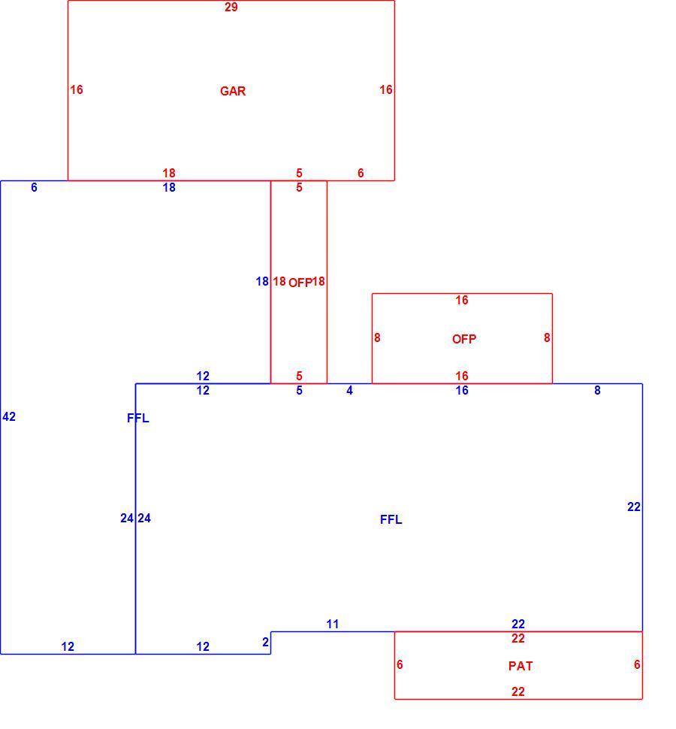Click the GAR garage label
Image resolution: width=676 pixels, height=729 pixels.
point(233,91)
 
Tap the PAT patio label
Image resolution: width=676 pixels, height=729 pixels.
point(521,666)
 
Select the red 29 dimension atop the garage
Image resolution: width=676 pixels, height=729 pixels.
point(231,7)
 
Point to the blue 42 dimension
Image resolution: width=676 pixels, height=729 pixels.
point(9,416)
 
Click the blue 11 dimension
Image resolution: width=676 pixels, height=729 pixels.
point(332,624)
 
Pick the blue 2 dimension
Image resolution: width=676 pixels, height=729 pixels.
point(265,642)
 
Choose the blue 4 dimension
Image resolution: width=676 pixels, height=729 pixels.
point(349,391)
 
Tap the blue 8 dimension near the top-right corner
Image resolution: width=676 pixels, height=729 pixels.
point(597,391)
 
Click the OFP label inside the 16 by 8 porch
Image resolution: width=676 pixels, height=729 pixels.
point(464,339)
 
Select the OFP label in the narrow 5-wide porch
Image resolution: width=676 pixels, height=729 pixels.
point(300,283)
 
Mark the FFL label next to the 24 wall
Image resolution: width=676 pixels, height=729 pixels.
point(138,419)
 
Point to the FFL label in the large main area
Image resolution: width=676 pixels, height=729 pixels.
point(391,520)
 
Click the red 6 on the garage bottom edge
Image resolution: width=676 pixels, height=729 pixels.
point(361,173)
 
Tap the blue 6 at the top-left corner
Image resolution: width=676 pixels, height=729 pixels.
point(34,187)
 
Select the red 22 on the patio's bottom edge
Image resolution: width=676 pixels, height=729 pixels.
point(518,692)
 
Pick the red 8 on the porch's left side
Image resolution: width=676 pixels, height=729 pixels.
point(377,337)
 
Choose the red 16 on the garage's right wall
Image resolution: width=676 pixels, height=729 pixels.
point(385,89)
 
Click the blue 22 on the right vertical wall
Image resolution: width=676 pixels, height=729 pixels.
point(634,507)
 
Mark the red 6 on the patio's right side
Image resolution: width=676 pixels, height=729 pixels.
point(637,665)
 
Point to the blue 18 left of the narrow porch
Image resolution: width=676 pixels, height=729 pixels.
point(262,281)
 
